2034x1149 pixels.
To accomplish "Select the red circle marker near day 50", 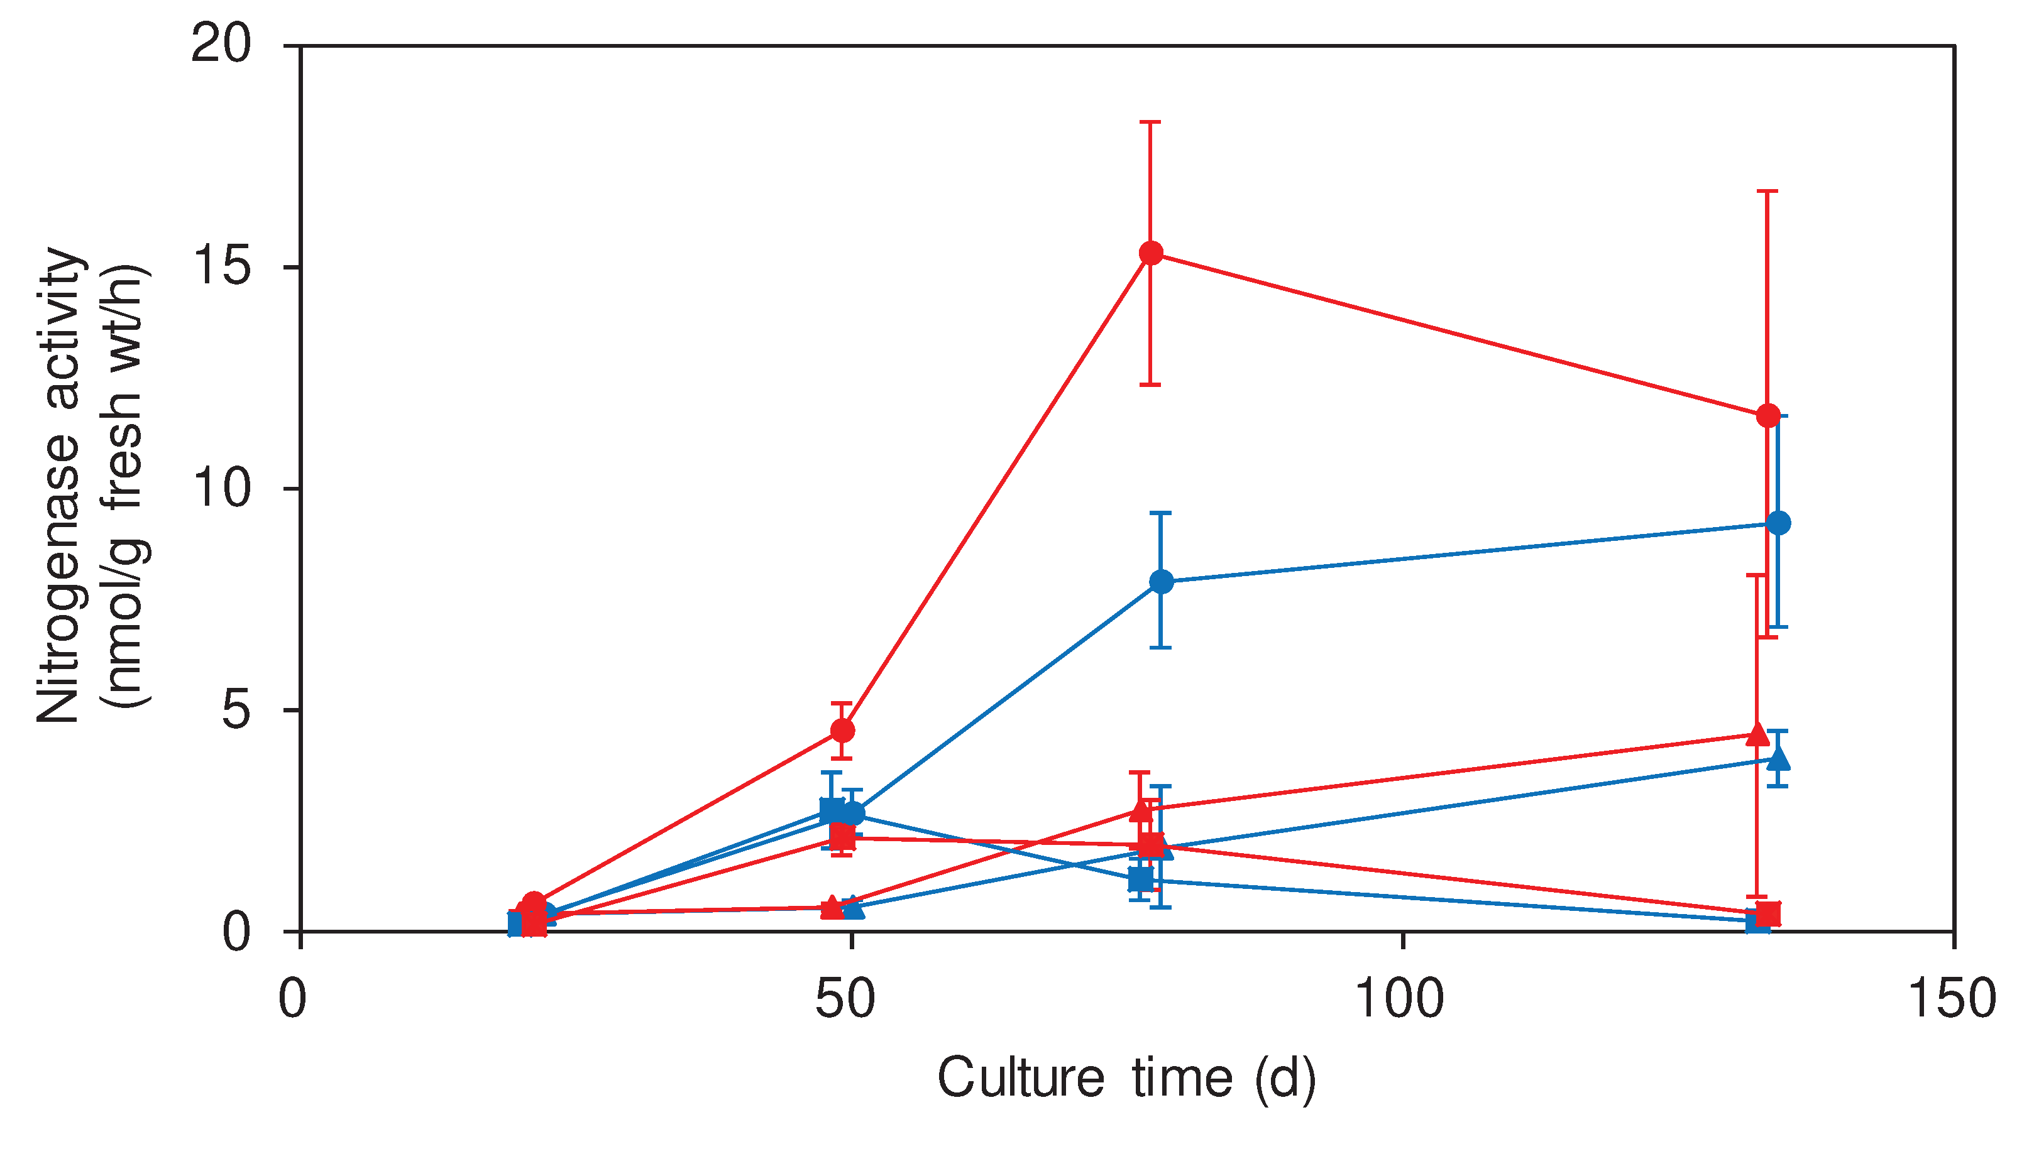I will point(842,731).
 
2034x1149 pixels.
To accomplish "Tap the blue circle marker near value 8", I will point(1161,582).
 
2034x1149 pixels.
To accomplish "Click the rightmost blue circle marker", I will point(1778,523).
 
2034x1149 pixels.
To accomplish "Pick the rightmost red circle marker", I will point(1768,415).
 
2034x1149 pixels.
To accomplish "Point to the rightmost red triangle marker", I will point(1757,734).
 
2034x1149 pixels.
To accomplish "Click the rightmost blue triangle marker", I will point(1778,759).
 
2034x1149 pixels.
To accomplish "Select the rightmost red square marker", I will point(1769,914).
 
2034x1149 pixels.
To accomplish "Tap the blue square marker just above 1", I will point(1140,878).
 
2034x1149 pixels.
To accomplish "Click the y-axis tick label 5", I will point(235,709).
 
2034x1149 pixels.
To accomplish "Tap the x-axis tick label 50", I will point(845,998).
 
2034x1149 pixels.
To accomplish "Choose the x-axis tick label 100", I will point(1399,998).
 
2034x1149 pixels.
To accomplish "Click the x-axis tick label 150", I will point(1951,998).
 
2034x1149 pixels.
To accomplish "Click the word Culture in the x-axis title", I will point(1020,1077).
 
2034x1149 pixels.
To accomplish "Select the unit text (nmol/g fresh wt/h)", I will point(126,486).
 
